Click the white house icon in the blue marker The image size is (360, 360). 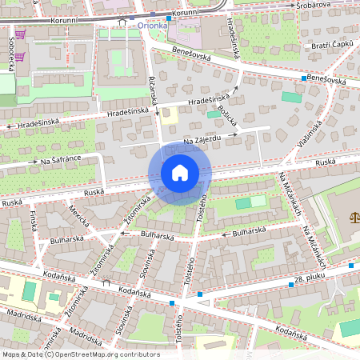pos(180,173)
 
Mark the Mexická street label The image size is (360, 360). pos(77,216)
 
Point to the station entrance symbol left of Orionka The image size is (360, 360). pos(122,24)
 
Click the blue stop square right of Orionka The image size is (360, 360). pos(167,17)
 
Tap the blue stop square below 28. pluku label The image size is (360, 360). pos(290,284)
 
